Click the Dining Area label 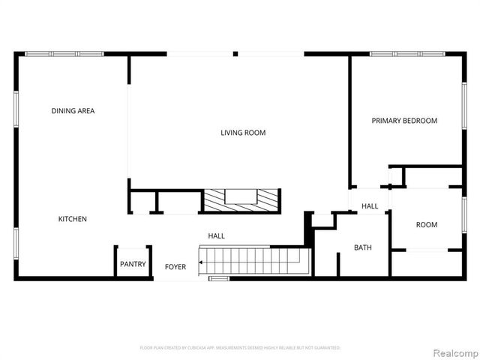(x=73, y=111)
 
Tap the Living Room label (x=243, y=133)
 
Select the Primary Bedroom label (x=404, y=121)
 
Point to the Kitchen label (x=73, y=219)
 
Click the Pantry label (x=133, y=264)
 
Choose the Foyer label (x=175, y=267)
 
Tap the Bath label (x=363, y=247)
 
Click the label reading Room (x=427, y=225)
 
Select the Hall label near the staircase (x=216, y=236)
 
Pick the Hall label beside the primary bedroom (x=370, y=206)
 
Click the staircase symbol (x=253, y=262)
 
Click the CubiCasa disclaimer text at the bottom (x=240, y=348)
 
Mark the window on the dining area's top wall (x=64, y=54)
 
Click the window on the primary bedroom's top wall (x=407, y=54)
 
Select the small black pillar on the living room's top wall (x=235, y=54)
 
